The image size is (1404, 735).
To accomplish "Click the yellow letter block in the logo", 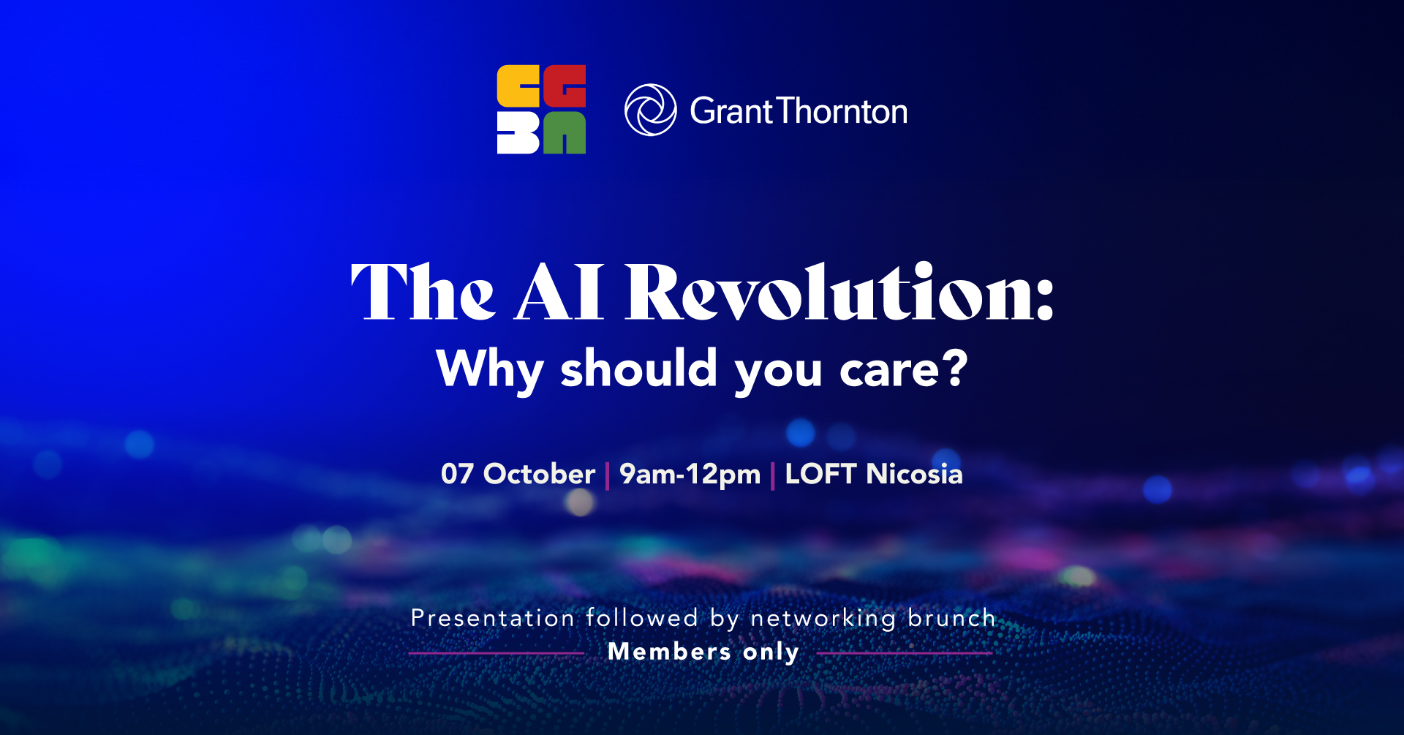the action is [x=518, y=86].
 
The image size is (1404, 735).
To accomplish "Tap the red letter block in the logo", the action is [x=565, y=86].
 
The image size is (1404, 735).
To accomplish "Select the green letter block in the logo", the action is [x=565, y=132].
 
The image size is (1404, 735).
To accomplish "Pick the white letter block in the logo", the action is [x=518, y=132].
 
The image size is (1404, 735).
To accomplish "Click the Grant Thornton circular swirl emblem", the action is [x=650, y=110].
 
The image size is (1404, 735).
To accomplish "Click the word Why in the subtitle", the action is [x=490, y=372].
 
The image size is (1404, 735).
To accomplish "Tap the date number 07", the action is [x=457, y=474].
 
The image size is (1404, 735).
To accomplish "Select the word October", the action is [x=540, y=474].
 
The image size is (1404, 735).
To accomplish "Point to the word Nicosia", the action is [x=914, y=474].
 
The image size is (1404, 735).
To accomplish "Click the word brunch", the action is [x=951, y=618].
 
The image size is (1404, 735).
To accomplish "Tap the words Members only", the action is [x=703, y=652].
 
